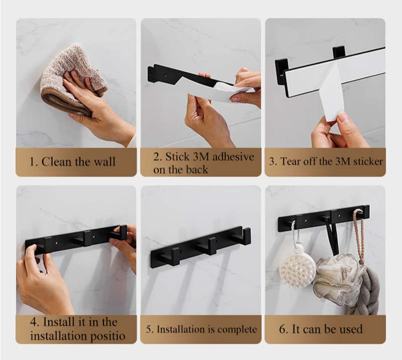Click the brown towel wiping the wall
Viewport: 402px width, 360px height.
[74, 79]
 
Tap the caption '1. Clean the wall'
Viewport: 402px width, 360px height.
[72, 162]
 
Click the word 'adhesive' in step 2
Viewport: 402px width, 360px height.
[233, 156]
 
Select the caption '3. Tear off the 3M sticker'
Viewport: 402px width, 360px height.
[326, 161]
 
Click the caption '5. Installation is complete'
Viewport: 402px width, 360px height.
[202, 329]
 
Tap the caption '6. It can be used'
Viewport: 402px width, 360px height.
[321, 329]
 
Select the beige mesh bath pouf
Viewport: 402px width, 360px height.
[338, 277]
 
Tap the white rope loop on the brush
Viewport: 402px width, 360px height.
[294, 233]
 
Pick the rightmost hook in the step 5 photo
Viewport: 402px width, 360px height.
[241, 236]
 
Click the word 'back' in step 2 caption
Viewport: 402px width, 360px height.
[197, 169]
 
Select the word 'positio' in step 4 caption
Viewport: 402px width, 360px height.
[105, 336]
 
